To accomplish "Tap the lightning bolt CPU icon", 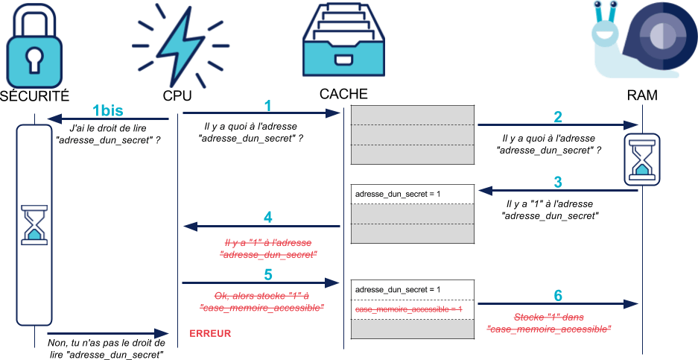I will pos(177,46).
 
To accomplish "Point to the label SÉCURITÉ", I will pos(35,95).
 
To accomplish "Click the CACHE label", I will pos(343,94).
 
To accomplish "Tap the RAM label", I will pos(641,97).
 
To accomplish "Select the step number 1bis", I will pos(107,110).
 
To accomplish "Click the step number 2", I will pos(558,116).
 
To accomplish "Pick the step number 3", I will pos(558,181).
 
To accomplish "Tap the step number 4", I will pos(268,218).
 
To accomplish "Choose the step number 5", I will pos(268,275).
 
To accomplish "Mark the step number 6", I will pos(558,295).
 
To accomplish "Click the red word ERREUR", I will pos(211,333).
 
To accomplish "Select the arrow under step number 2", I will pos(558,125).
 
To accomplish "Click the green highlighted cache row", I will pos(412,309).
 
